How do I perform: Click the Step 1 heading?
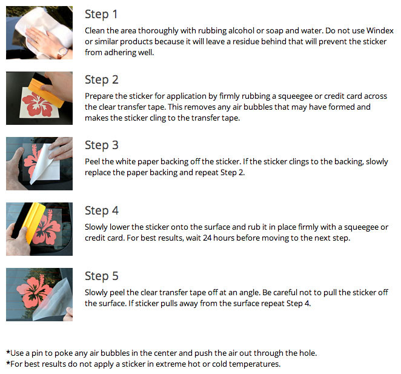101,15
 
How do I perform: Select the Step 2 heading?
102,80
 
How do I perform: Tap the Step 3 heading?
102,145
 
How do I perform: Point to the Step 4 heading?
102,211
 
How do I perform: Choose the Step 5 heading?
102,276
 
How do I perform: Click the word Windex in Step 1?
380,31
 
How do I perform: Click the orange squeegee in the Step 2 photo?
46,93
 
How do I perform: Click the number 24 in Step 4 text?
207,238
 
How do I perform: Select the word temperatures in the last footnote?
254,364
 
